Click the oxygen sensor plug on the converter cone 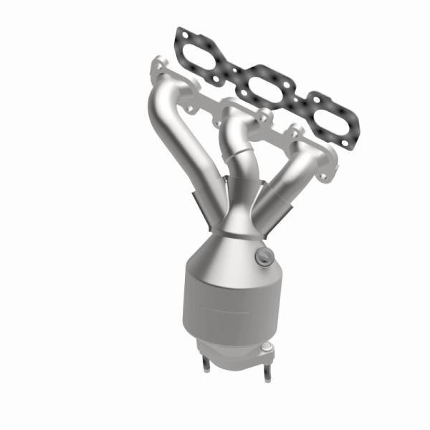[x=264, y=257]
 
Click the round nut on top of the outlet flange [x=267, y=350]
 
